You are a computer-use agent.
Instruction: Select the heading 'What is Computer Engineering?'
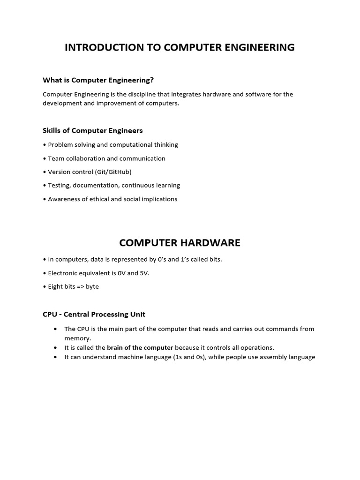pyautogui.click(x=98, y=80)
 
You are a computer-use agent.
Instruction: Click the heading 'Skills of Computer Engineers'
pyautogui.click(x=92, y=130)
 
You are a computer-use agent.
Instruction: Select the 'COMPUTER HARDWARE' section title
pyautogui.click(x=180, y=243)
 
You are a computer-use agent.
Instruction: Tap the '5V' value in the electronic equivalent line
pyautogui.click(x=144, y=273)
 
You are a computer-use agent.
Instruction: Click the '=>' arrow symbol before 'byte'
pyautogui.click(x=80, y=286)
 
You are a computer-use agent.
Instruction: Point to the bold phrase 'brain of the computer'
pyautogui.click(x=140, y=348)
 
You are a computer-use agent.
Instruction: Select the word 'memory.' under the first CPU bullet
pyautogui.click(x=78, y=338)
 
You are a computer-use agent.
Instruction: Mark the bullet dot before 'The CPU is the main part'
pyautogui.click(x=56, y=329)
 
